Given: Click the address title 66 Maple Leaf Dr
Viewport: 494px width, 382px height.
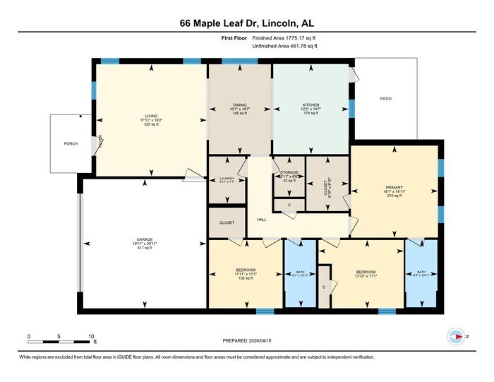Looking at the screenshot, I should pyautogui.click(x=246, y=23).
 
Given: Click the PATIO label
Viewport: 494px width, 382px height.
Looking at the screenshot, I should pyautogui.click(x=385, y=99).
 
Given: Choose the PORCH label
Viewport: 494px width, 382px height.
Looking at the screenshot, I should pyautogui.click(x=71, y=143).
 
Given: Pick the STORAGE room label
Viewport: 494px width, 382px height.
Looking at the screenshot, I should pyautogui.click(x=289, y=172).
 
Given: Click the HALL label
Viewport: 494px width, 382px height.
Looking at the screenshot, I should pyautogui.click(x=261, y=220).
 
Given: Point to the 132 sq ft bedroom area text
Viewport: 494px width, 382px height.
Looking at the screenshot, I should pyautogui.click(x=245, y=280).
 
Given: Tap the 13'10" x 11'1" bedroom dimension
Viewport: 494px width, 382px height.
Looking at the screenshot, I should pyautogui.click(x=366, y=276).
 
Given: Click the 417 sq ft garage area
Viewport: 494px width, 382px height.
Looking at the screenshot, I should pyautogui.click(x=145, y=248).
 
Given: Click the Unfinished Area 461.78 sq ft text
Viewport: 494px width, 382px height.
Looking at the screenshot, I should pyautogui.click(x=285, y=46).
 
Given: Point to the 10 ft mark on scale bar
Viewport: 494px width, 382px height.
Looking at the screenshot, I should pyautogui.click(x=92, y=337).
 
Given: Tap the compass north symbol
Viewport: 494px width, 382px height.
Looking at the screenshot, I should pyautogui.click(x=459, y=337).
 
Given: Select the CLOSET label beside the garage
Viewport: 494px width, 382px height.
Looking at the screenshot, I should pyautogui.click(x=227, y=222).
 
